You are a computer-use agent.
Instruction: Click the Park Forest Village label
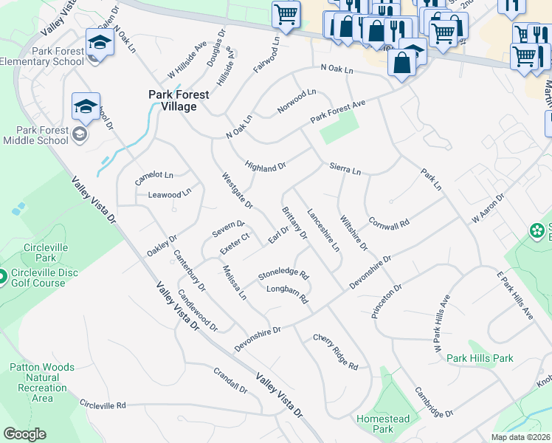coord(179,100)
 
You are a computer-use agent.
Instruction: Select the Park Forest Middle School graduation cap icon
coord(86,107)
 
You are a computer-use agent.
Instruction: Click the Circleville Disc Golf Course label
coord(44,278)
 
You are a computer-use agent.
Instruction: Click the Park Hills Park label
coord(480,358)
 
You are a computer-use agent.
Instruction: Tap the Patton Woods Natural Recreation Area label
coord(43,382)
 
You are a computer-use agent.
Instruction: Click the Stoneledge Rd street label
coord(283,275)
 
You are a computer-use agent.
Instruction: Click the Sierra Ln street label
coord(345,170)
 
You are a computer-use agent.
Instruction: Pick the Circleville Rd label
coord(103,405)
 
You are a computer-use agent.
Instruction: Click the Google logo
coord(24,434)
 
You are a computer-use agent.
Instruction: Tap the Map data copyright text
coord(521,437)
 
